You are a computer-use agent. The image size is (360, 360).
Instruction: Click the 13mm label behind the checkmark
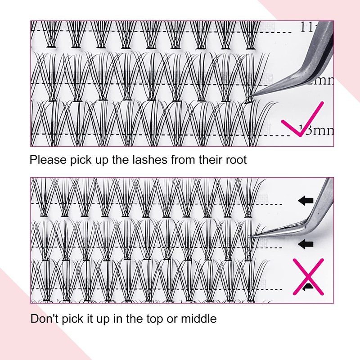pyautogui.click(x=318, y=130)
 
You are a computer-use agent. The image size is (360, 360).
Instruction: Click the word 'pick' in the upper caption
pyautogui.click(x=81, y=160)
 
